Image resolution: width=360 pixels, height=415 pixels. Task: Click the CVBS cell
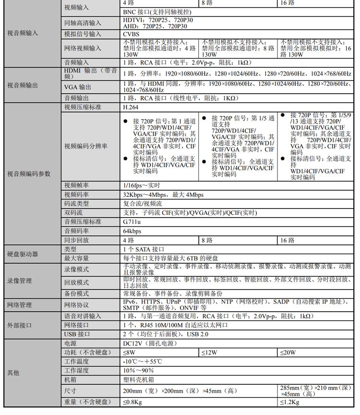coord(131,34)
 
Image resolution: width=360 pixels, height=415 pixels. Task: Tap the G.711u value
coord(132,222)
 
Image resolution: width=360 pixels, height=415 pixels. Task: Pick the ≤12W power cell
coord(209,353)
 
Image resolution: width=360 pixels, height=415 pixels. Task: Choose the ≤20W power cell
coord(288,353)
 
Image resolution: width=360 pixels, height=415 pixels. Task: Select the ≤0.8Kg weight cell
coord(132,402)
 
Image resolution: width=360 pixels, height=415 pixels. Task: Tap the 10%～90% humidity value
coord(138,370)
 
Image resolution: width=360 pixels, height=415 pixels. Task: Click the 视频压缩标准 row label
coord(83,108)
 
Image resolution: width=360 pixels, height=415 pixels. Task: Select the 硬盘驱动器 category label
coord(23,254)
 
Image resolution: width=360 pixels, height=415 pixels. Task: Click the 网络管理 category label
coord(20,305)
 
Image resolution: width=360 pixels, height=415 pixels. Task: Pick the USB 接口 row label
coord(77,334)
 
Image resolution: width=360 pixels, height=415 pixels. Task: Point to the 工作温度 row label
coord(76,361)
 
